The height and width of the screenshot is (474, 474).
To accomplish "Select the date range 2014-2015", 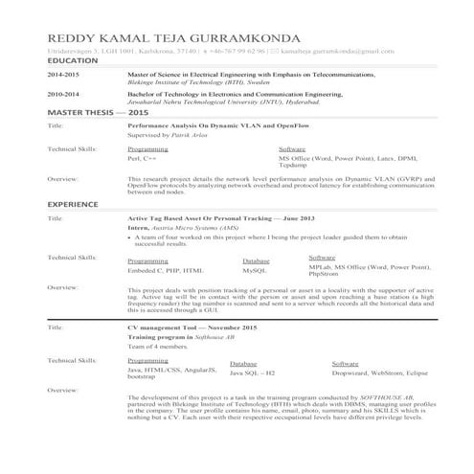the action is coord(63,75).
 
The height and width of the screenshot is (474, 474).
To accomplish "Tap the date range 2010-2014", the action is coord(63,95).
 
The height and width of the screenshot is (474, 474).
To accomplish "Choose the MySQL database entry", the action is coord(255,270).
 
